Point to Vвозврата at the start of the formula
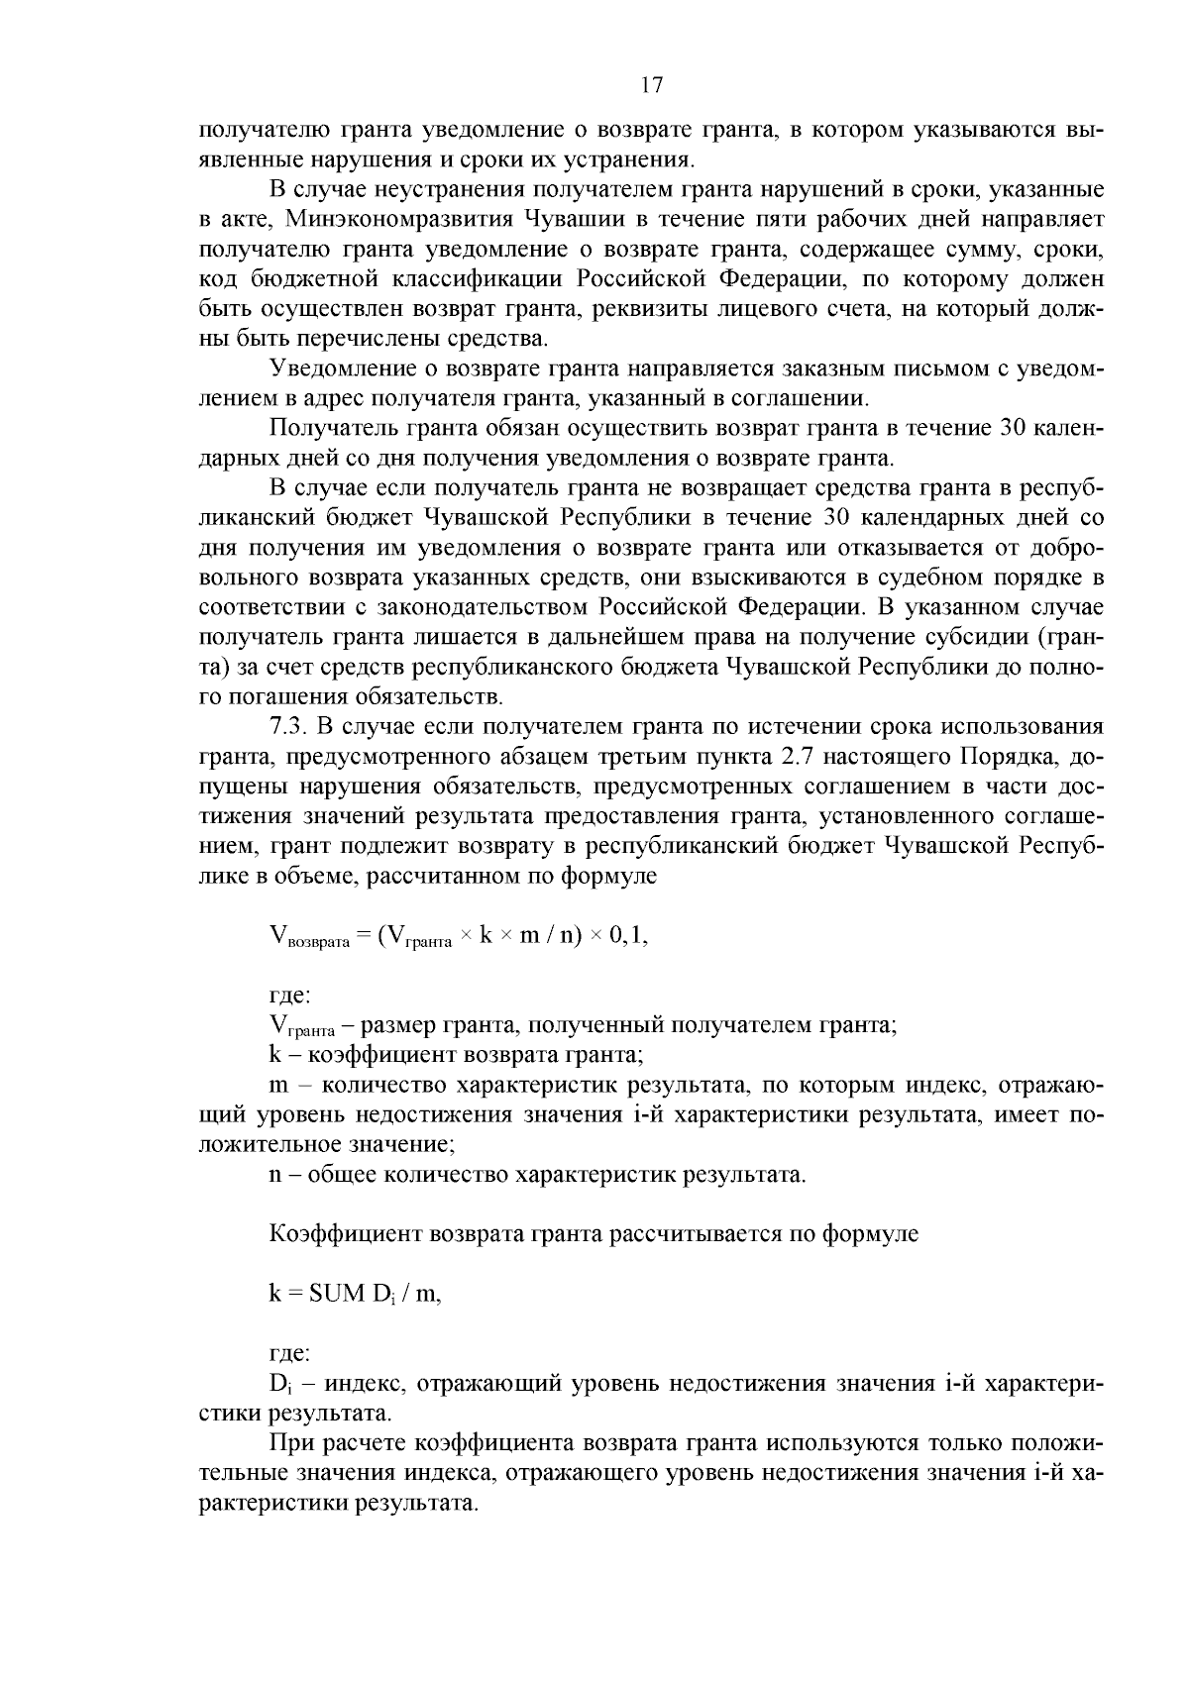point(309,937)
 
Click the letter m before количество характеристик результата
point(278,1086)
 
